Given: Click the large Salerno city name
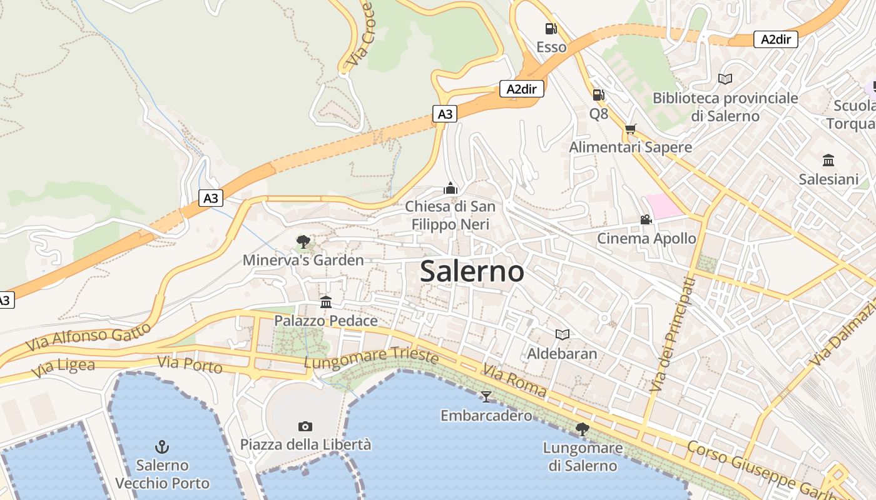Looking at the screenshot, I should click(472, 271).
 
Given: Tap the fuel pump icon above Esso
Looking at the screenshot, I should click(551, 29).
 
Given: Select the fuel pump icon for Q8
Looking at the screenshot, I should click(598, 95).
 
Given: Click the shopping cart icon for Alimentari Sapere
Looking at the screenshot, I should click(630, 129).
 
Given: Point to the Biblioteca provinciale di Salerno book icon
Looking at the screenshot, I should click(725, 79).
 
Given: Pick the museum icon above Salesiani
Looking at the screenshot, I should click(828, 161).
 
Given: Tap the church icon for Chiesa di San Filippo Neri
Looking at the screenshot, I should click(450, 187).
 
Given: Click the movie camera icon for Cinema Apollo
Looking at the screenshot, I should click(646, 220).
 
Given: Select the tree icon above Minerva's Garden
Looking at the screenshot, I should click(303, 241).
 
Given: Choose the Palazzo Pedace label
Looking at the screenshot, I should click(326, 321).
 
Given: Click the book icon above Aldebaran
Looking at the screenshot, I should click(562, 335).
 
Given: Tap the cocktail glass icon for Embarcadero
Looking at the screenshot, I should click(486, 396).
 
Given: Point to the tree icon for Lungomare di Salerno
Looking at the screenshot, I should click(582, 429).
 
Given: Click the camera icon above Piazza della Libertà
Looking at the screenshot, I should click(305, 426).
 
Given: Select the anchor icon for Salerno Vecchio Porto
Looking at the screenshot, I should click(162, 446).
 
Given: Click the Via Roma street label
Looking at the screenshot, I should click(514, 381).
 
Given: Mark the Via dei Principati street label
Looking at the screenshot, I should click(672, 335).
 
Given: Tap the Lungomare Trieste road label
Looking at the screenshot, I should click(371, 358).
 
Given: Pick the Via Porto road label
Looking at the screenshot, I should click(190, 364).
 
